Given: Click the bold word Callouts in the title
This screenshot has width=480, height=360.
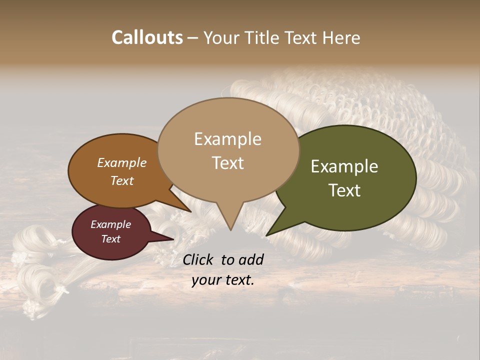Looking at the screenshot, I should (147, 37).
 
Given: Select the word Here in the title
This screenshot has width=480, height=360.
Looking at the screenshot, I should (342, 37).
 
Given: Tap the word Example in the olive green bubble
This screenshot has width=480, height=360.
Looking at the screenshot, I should (344, 166).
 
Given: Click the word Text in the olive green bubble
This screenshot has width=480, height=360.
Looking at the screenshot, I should (344, 190).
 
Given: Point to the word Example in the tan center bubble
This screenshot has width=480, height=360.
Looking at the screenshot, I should (227, 139).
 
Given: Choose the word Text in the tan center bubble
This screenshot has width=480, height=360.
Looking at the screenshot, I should (227, 163).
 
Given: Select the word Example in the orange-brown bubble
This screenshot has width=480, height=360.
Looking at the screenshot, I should (122, 163).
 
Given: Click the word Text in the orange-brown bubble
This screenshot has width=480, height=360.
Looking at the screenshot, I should (122, 180).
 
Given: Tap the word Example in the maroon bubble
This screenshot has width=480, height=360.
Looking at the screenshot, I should (110, 224).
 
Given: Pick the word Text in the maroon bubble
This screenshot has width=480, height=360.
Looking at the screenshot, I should (110, 239).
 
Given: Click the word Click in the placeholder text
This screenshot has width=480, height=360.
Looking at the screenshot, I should (199, 259).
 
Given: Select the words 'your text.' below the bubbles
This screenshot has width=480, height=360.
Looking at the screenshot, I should (222, 280).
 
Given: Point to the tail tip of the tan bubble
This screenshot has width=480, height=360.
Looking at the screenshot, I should (230, 230).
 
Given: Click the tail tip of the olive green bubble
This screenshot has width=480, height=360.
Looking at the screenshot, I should (266, 235).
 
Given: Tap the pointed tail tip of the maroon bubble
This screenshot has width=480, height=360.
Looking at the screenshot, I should (173, 239).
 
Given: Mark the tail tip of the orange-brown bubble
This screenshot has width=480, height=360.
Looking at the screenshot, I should (190, 211).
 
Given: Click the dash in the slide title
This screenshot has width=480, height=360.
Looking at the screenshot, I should (193, 37).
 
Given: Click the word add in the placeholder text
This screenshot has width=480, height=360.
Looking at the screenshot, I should (250, 259).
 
